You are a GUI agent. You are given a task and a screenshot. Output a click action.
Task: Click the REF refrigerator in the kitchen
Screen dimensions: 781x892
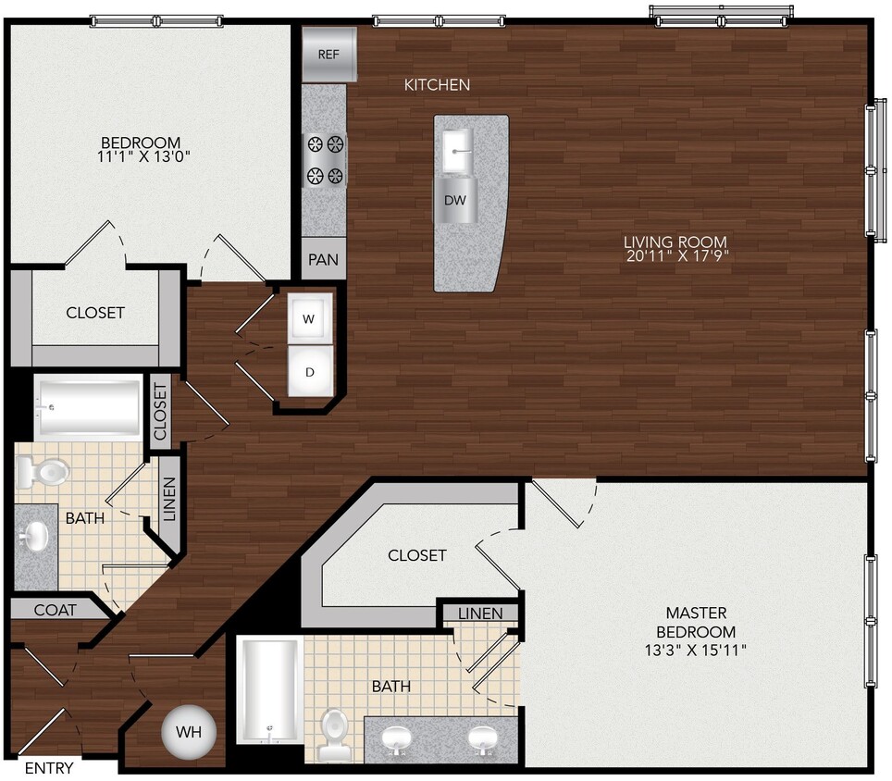click(328, 54)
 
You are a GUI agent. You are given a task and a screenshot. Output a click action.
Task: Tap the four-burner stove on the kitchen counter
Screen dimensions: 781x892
click(325, 159)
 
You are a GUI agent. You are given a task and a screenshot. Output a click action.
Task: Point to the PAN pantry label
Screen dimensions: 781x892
click(323, 260)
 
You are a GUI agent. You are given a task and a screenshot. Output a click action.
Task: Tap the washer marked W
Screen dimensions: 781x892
click(309, 318)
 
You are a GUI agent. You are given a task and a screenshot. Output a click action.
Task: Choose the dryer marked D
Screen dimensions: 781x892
click(310, 372)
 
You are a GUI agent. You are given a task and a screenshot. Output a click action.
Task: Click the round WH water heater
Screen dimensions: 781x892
click(189, 732)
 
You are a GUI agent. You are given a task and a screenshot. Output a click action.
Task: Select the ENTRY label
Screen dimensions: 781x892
click(48, 768)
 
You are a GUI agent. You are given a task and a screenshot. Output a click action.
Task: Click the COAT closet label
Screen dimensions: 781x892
click(56, 610)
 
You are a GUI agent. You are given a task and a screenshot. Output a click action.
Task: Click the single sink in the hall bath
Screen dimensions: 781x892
click(35, 535)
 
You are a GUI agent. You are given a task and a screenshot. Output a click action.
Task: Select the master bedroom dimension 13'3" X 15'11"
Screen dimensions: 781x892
click(696, 651)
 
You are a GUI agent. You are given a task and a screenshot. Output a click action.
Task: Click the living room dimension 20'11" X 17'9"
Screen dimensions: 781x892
click(675, 257)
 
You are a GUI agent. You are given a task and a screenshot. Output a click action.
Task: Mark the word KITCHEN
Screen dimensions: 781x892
click(437, 85)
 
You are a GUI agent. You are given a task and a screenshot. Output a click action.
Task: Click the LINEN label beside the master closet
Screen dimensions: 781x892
click(480, 614)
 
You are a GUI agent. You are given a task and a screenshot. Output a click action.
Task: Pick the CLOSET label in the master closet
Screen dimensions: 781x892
click(416, 555)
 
